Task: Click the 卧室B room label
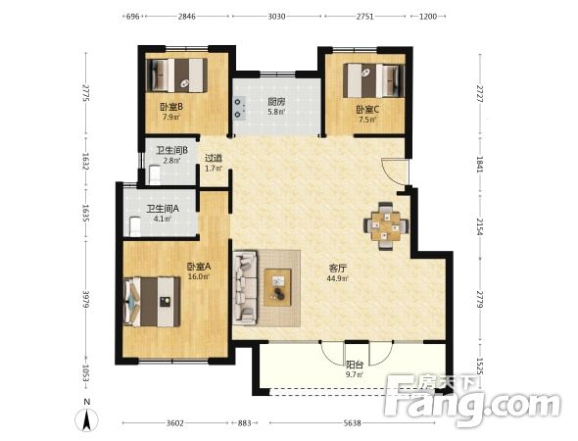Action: pyautogui.click(x=171, y=107)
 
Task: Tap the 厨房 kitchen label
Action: pyautogui.click(x=276, y=101)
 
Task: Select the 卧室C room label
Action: pyautogui.click(x=367, y=110)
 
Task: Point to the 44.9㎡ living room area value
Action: pyautogui.click(x=337, y=278)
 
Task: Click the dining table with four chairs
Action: pyautogui.click(x=386, y=225)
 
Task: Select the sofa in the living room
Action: pyautogui.click(x=245, y=287)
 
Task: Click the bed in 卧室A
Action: pyautogui.click(x=152, y=302)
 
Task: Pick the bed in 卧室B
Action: pyautogui.click(x=176, y=75)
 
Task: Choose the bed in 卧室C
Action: pyautogui.click(x=374, y=80)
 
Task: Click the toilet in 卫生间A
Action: pyautogui.click(x=135, y=226)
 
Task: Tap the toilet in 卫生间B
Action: pyautogui.click(x=155, y=175)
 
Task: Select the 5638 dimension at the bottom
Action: pyautogui.click(x=352, y=423)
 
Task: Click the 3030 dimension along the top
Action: pyautogui.click(x=276, y=17)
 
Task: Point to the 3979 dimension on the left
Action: pyautogui.click(x=86, y=300)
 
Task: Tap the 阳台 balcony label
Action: pyautogui.click(x=355, y=365)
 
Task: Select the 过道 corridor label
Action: pyautogui.click(x=214, y=158)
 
